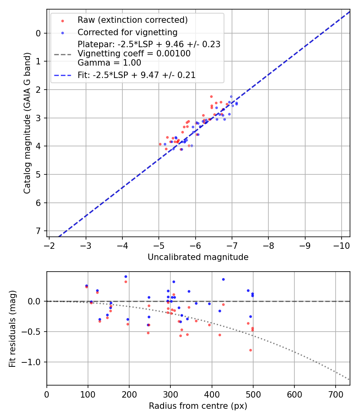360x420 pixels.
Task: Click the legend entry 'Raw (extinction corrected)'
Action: [132, 20]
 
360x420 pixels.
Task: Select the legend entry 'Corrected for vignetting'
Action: [127, 32]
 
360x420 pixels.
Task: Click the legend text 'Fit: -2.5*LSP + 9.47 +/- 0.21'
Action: [136, 75]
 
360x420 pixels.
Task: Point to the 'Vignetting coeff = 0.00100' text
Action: [134, 54]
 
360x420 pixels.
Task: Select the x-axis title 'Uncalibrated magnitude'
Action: [198, 257]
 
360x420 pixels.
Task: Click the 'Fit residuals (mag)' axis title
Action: [12, 328]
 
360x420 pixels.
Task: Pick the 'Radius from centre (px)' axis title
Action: [198, 406]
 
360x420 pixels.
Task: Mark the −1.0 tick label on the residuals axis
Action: [33, 362]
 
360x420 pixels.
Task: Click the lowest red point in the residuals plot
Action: [250, 350]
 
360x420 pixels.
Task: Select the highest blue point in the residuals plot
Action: [126, 276]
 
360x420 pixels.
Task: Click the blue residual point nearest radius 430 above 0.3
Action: [223, 279]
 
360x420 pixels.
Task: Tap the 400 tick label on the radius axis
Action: [212, 394]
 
